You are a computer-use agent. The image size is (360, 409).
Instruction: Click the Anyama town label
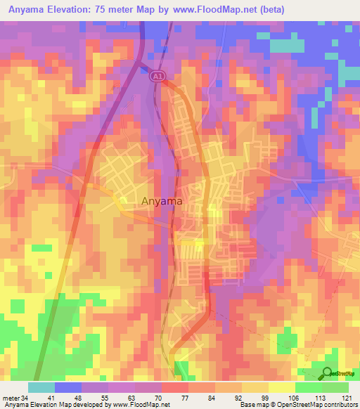click(162, 201)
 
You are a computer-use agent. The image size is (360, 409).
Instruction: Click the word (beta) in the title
click(269, 9)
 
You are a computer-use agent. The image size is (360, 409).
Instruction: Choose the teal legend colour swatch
click(41, 387)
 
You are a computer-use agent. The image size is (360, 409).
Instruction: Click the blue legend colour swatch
click(67, 387)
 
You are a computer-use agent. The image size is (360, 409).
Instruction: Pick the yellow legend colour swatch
click(281, 387)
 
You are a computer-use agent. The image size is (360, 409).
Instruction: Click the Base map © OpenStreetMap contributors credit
click(297, 405)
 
